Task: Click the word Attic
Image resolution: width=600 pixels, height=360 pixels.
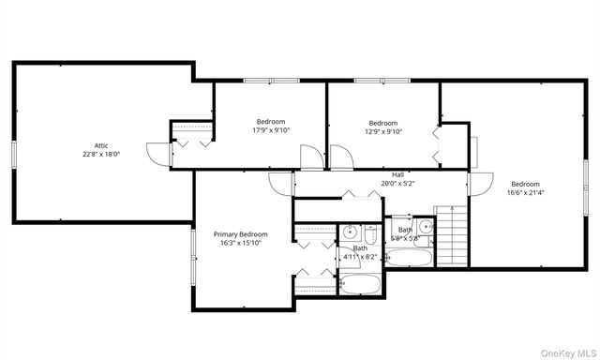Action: click(x=100, y=145)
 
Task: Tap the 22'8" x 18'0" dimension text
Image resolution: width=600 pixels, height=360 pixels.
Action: click(x=100, y=155)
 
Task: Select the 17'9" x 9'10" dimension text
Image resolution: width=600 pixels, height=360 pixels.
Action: click(x=271, y=130)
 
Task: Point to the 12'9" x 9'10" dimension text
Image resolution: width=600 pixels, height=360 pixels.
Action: click(x=382, y=132)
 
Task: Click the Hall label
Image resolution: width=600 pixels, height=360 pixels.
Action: click(x=398, y=174)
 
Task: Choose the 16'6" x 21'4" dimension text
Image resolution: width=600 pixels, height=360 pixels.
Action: click(x=525, y=193)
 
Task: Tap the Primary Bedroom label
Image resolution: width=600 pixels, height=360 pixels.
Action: click(x=240, y=234)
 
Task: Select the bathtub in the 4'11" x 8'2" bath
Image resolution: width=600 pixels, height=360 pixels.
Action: click(x=361, y=284)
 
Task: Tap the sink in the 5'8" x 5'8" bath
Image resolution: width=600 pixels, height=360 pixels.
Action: click(x=425, y=226)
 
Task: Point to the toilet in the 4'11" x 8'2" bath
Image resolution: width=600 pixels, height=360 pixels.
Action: click(x=368, y=233)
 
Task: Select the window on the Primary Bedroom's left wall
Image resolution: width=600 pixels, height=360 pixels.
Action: click(x=194, y=254)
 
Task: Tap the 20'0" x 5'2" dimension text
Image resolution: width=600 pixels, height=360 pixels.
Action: click(x=398, y=184)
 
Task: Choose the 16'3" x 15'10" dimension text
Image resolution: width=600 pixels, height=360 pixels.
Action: click(x=240, y=244)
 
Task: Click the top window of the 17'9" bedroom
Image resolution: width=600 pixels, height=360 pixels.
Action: click(x=272, y=81)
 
